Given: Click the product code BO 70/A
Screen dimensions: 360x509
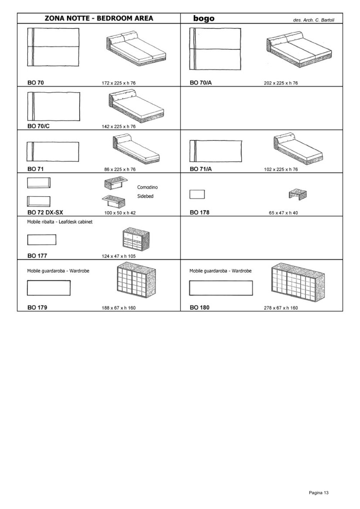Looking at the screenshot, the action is click(201, 83).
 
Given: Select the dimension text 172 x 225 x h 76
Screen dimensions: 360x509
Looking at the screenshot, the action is click(118, 83).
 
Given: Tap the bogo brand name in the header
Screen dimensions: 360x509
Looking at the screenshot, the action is click(204, 18).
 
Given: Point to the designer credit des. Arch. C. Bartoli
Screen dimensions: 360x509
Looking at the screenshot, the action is click(314, 20).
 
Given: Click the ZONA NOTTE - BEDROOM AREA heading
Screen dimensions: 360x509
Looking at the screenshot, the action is click(99, 18).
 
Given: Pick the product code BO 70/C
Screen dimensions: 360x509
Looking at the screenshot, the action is click(39, 126).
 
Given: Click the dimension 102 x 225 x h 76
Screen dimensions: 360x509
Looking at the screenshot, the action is click(281, 169).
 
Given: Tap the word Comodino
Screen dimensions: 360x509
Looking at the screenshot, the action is click(147, 187).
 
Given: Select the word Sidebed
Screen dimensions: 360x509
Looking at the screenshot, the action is click(145, 196).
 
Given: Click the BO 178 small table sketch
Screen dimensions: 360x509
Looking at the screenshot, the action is click(297, 194).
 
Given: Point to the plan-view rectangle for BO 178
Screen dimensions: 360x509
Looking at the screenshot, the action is click(197, 194).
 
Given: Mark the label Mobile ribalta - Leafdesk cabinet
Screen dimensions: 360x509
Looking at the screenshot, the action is click(60, 222).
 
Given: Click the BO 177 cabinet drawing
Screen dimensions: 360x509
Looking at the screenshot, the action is click(136, 239).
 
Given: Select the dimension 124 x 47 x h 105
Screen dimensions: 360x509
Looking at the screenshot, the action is click(118, 256).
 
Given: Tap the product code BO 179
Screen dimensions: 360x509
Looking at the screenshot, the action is click(37, 307).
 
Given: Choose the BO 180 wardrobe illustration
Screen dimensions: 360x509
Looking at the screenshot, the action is click(298, 282).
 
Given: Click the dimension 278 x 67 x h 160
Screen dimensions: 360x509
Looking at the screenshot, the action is click(281, 308).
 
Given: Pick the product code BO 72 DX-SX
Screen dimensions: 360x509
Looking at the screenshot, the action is click(45, 213).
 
